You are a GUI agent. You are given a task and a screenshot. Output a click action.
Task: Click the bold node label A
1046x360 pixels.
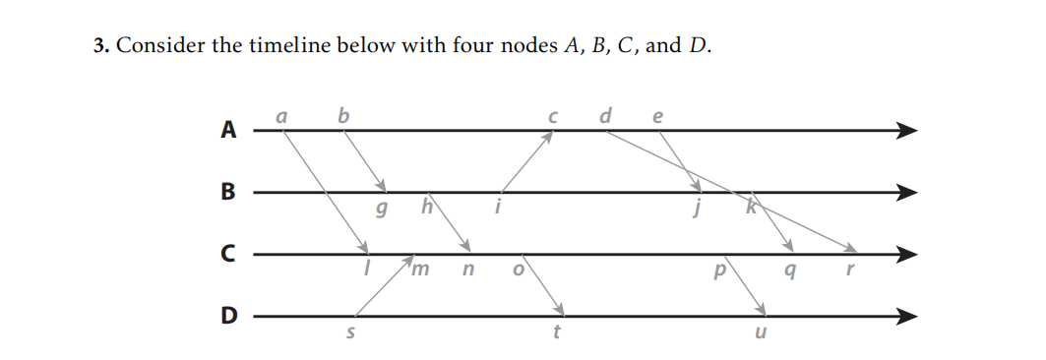pyautogui.click(x=229, y=130)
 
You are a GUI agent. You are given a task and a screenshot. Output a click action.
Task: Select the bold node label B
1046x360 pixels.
pyautogui.click(x=229, y=192)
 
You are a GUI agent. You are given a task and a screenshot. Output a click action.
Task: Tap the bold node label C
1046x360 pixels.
pyautogui.click(x=229, y=255)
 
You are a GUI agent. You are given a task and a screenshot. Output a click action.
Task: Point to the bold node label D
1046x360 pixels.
pyautogui.click(x=229, y=317)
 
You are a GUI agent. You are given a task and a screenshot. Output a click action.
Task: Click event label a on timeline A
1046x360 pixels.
pyautogui.click(x=281, y=115)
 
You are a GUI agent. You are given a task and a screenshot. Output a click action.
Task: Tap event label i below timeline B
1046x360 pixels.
pyautogui.click(x=499, y=208)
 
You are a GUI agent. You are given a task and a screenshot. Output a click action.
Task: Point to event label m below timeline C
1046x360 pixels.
pyautogui.click(x=420, y=270)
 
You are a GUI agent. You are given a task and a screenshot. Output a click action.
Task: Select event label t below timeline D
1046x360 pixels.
pyautogui.click(x=557, y=331)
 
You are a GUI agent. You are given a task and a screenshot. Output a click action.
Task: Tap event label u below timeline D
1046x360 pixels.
pyautogui.click(x=757, y=332)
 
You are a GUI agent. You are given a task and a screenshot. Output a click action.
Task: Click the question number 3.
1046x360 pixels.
pyautogui.click(x=99, y=46)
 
